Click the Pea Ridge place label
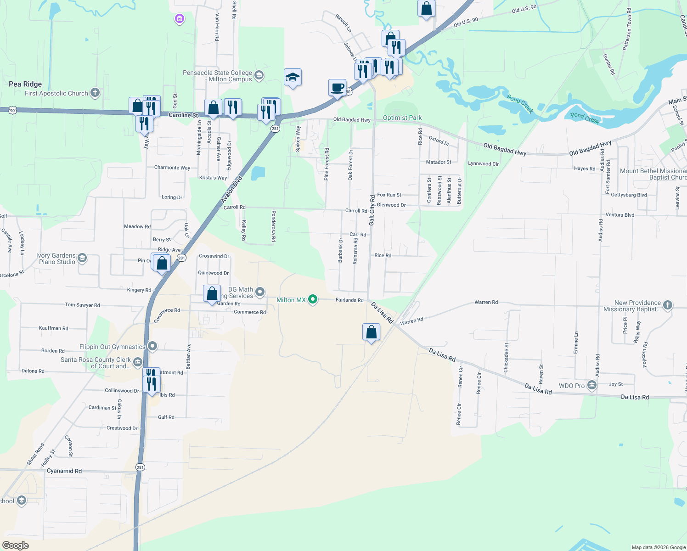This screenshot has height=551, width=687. (x=25, y=84)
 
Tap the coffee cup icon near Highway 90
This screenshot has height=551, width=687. (x=338, y=87)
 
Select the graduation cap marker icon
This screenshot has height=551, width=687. (x=293, y=77)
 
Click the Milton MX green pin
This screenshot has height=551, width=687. (x=313, y=300)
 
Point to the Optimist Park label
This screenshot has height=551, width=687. (x=402, y=118)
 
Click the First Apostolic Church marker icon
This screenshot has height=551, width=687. (x=95, y=93)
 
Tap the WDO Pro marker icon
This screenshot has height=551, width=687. (x=592, y=385)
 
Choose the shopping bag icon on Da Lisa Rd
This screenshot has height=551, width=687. (x=371, y=332)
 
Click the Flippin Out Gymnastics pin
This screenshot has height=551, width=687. (x=152, y=347)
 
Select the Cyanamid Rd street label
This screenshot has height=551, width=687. (x=64, y=471)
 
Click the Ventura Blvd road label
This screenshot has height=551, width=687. (x=619, y=215)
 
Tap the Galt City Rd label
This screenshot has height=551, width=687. (x=372, y=210)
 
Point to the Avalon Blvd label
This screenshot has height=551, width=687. (x=231, y=189)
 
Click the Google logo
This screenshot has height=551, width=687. (x=16, y=545)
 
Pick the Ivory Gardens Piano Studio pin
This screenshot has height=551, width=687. (x=82, y=258)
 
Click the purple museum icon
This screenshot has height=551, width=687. (x=180, y=19)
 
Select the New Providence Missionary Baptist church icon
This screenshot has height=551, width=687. (x=668, y=305)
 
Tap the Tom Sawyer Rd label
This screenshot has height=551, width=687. (x=82, y=305)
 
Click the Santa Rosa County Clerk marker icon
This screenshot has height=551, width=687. (x=137, y=363)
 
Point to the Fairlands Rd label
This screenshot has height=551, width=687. (x=349, y=300)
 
